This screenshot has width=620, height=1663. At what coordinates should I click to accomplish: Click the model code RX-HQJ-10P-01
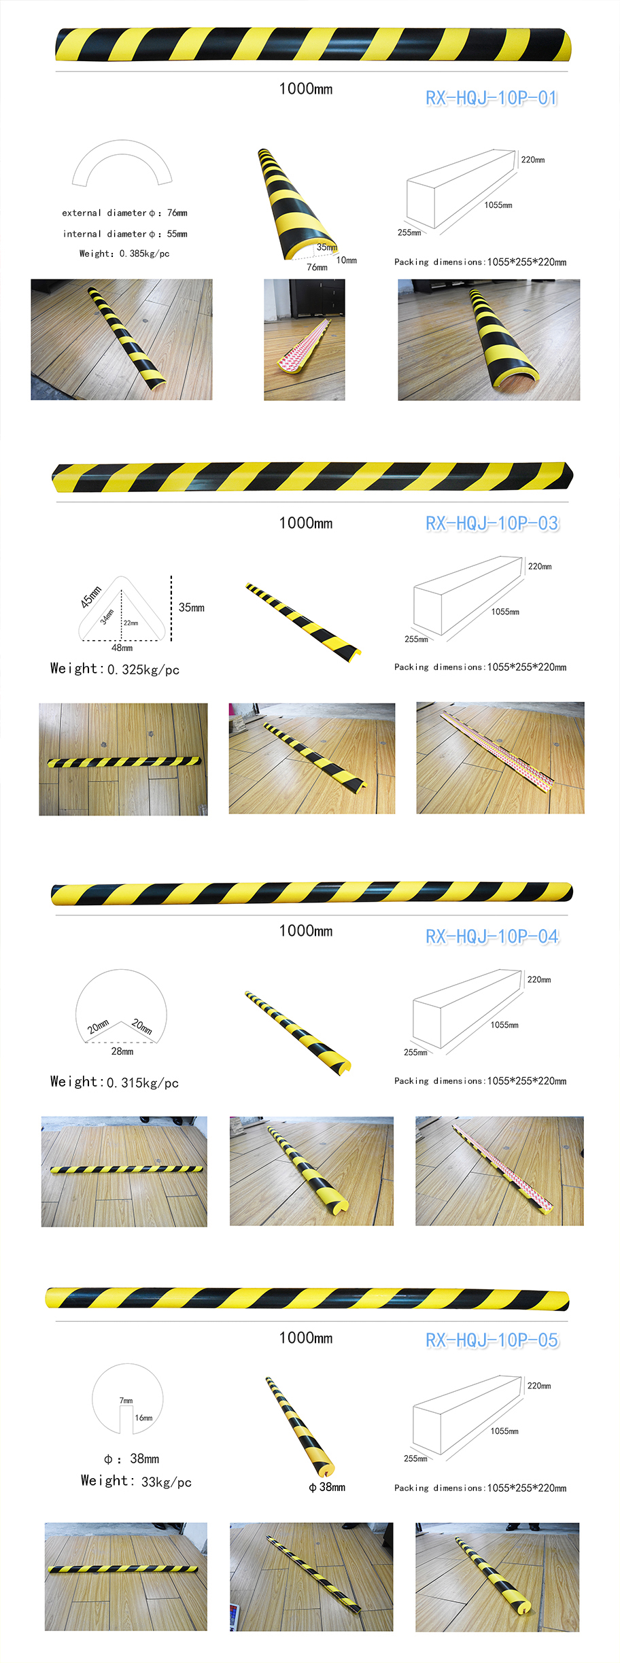492,98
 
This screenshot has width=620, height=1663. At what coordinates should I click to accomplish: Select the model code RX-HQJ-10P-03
492,523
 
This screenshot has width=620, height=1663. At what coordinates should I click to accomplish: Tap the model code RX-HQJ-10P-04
492,936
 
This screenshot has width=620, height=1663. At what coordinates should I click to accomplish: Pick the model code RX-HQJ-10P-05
492,1340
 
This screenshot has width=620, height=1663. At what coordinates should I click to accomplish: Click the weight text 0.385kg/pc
144,253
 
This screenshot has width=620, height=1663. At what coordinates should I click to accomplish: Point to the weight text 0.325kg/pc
143,669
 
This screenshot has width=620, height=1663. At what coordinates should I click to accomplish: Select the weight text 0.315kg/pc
143,1083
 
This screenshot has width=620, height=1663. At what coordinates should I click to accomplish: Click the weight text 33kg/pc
166,1482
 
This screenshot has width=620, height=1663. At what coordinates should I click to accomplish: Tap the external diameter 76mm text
177,213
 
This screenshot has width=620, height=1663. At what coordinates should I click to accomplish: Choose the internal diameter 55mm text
177,234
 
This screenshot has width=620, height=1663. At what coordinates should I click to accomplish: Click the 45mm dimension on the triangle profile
91,596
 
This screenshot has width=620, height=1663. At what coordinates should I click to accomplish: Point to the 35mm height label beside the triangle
192,608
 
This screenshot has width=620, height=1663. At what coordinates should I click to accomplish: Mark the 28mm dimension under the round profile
122,1051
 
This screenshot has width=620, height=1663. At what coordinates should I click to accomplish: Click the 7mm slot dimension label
126,1401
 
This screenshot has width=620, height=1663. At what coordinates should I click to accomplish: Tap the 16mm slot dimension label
143,1418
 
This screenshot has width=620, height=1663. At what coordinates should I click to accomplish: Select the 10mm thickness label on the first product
347,260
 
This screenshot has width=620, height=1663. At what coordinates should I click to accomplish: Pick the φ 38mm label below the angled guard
327,1488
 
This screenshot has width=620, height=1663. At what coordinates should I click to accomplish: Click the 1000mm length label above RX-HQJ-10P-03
306,523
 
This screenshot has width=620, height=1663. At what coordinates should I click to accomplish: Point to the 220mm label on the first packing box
533,160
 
